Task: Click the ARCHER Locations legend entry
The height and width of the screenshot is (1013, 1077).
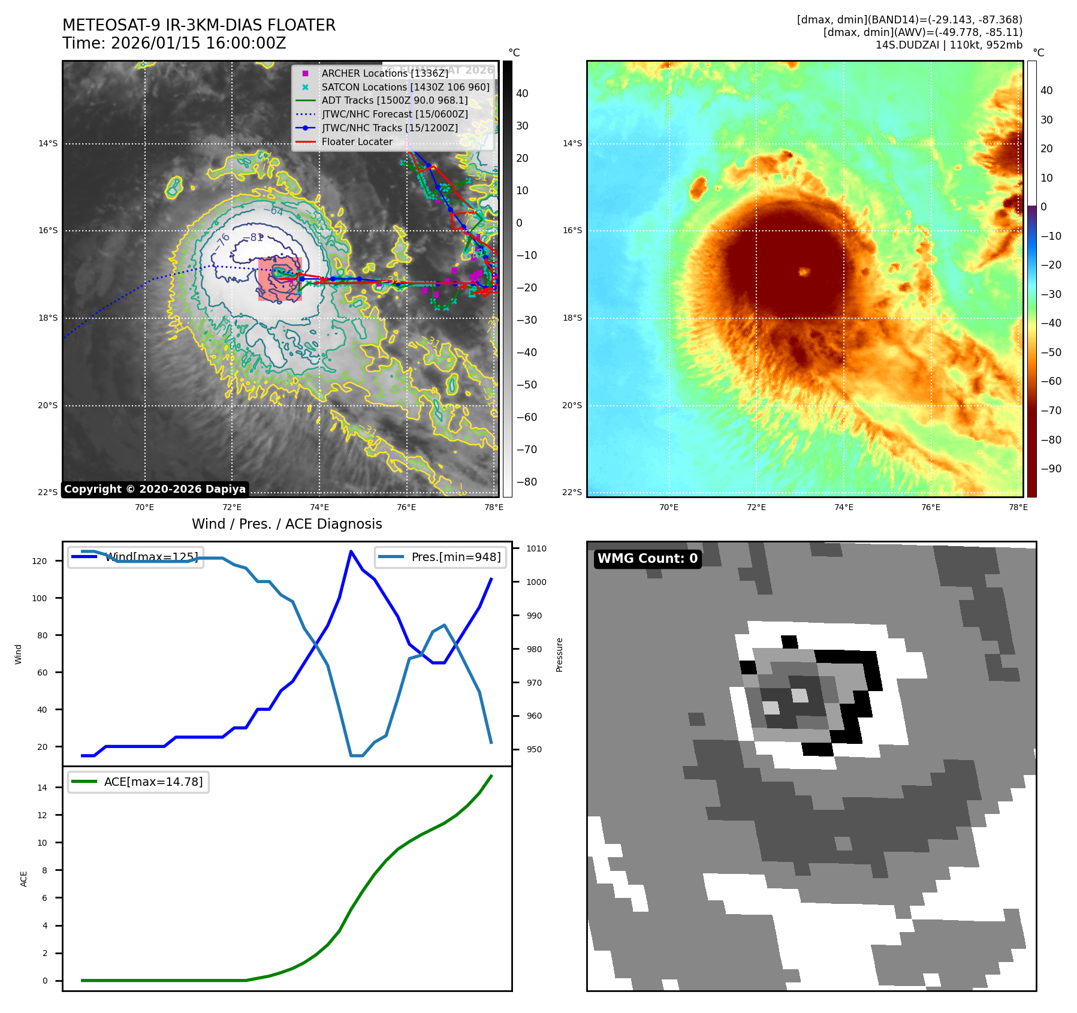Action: [384, 73]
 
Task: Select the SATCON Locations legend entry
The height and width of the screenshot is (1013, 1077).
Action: [405, 87]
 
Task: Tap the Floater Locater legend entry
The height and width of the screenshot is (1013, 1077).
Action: [357, 142]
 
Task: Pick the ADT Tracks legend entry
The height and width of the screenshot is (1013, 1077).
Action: [394, 101]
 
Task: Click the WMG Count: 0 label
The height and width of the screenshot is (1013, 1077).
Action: [647, 559]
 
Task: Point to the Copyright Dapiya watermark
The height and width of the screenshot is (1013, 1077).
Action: [155, 489]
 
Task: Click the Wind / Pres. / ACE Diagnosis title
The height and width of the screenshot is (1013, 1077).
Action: [286, 524]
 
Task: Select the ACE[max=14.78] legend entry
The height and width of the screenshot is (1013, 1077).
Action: [153, 782]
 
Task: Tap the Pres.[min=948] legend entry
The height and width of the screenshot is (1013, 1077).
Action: [455, 557]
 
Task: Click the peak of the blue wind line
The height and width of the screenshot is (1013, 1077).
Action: [351, 551]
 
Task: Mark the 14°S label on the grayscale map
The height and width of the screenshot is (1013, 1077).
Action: [48, 143]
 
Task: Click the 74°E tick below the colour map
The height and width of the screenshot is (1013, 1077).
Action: [843, 507]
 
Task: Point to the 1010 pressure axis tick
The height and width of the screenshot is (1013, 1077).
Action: [536, 548]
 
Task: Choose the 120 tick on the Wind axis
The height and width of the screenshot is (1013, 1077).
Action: [40, 561]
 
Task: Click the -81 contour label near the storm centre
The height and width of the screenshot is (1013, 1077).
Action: [255, 237]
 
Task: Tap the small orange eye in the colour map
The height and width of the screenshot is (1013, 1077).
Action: [804, 272]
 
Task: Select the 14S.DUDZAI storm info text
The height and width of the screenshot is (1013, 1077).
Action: [949, 45]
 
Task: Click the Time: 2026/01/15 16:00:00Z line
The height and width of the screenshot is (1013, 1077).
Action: [174, 44]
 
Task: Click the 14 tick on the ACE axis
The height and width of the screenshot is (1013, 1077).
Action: [43, 788]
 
